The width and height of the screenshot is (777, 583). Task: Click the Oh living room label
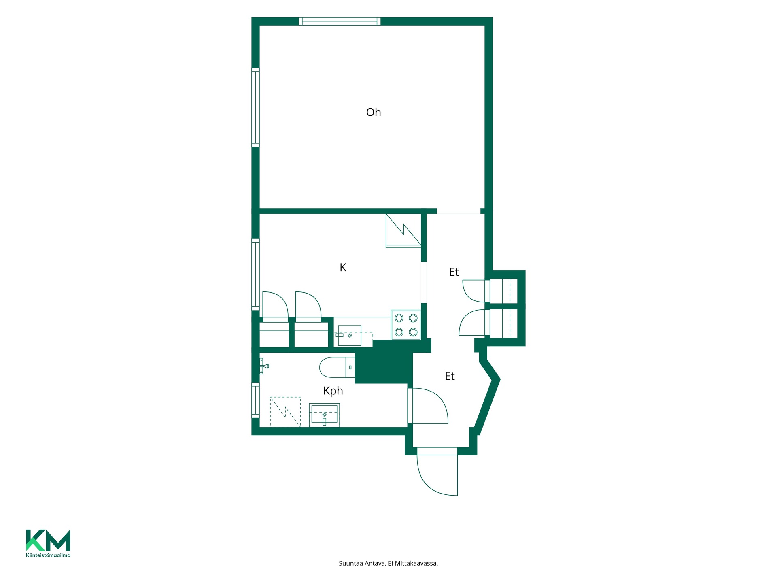(374, 112)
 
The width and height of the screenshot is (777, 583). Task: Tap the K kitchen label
(343, 268)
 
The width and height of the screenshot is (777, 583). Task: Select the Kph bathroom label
(333, 391)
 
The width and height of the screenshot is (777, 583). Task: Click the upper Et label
(454, 272)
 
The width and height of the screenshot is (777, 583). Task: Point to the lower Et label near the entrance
(450, 377)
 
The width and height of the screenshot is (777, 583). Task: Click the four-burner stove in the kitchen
(406, 325)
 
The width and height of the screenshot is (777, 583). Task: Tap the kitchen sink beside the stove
(349, 335)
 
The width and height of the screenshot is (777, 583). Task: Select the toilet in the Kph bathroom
(337, 367)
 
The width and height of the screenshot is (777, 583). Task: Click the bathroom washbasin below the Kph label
(324, 415)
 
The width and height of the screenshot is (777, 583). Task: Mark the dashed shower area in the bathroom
(285, 412)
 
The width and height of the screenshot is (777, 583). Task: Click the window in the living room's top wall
(340, 21)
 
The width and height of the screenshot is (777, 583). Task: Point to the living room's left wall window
(255, 107)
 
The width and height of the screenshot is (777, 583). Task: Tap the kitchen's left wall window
(255, 274)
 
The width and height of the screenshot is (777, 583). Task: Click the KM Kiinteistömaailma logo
(48, 543)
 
